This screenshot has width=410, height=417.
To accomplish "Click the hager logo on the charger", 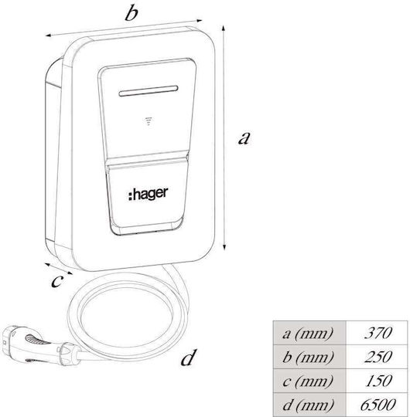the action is (148, 194).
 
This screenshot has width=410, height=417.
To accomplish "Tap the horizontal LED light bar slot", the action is (149, 90).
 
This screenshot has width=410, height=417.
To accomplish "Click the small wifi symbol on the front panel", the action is (149, 121).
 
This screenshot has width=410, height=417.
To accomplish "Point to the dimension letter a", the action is (244, 138).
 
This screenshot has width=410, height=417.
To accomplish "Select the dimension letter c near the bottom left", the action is (57, 281).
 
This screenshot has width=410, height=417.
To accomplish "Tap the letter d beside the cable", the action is (189, 358).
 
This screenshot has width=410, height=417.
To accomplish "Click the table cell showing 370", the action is (377, 333).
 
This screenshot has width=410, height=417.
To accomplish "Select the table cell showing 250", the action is (377, 357).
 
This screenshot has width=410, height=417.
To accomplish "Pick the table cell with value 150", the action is (377, 381).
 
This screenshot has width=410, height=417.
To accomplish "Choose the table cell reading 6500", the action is (377, 404).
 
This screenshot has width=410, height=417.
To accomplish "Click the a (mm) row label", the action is (308, 334).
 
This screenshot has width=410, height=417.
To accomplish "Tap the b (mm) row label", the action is (308, 357).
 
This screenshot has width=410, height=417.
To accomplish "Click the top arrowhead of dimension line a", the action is (224, 29).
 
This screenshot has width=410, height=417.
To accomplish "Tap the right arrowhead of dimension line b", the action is (199, 20).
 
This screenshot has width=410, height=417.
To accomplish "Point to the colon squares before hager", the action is (130, 195).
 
